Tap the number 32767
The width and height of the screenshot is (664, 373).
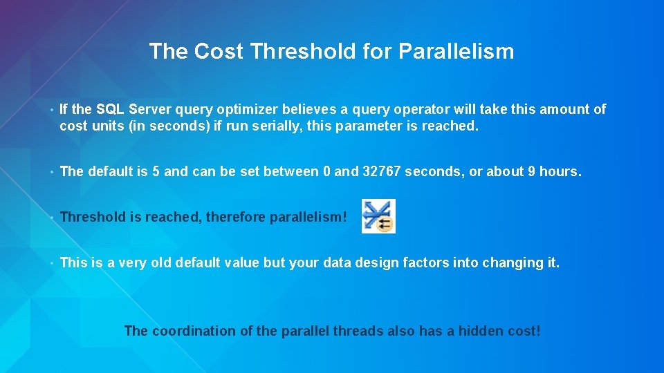click(x=381, y=171)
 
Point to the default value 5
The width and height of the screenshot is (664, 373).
click(x=156, y=171)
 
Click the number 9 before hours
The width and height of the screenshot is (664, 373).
click(x=531, y=171)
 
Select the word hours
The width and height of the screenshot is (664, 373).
click(x=560, y=171)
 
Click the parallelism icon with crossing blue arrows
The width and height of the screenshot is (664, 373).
click(x=378, y=216)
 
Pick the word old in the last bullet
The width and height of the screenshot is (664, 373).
click(x=160, y=262)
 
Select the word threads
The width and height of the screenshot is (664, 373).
click(x=358, y=331)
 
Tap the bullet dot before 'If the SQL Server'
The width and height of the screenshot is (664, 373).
click(x=53, y=110)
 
